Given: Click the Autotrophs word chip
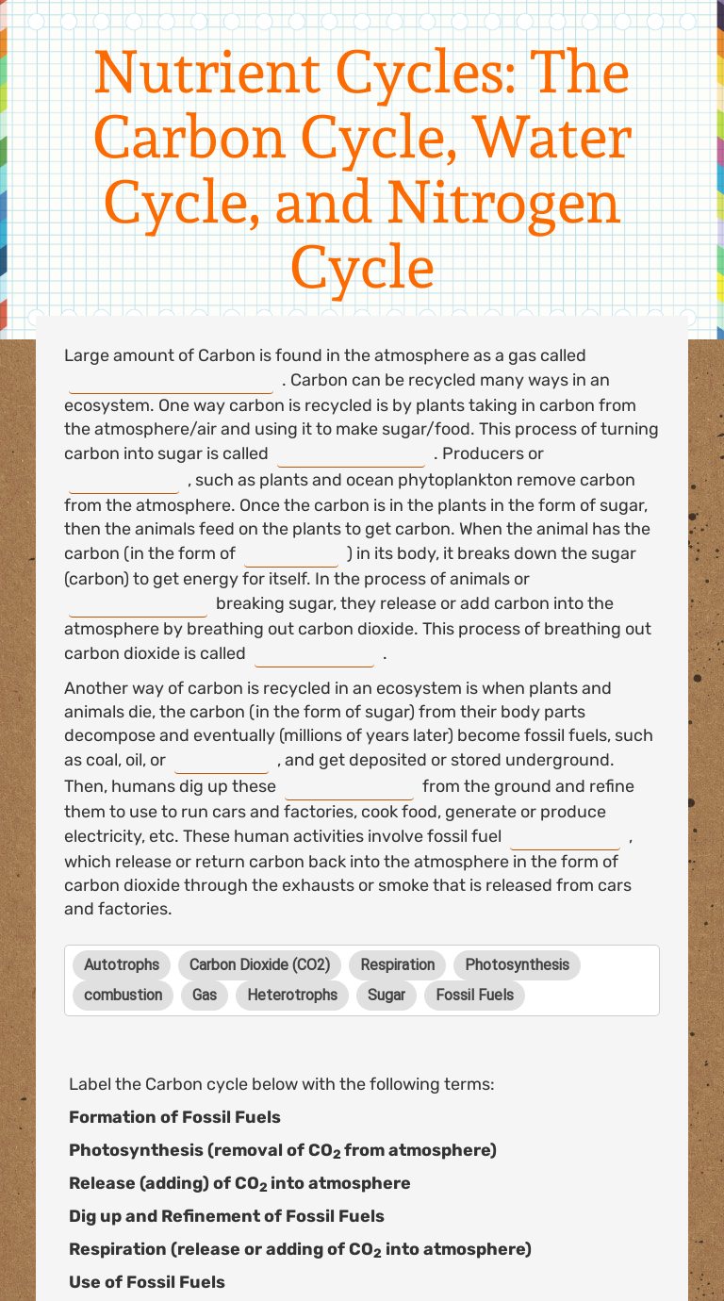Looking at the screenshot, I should point(122,964).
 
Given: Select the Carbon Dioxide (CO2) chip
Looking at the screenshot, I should point(259,964).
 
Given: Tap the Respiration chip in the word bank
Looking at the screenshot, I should point(397,964).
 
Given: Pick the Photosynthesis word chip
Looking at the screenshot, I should point(517,964).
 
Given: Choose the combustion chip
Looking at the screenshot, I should point(123,995).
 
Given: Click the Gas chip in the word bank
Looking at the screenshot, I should point(205,995).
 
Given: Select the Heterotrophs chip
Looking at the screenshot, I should point(292,995).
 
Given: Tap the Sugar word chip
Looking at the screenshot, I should point(386,995).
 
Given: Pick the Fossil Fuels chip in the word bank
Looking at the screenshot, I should point(475,995).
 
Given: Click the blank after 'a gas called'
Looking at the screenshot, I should point(171,382).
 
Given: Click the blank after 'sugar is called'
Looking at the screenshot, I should point(351,454).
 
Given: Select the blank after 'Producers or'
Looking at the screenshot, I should point(123,481).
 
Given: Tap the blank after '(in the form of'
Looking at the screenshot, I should point(291,554).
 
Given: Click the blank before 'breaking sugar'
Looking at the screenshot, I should point(138,604).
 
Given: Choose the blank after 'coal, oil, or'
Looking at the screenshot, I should point(222,761).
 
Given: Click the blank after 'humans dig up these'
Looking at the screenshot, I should point(349,787).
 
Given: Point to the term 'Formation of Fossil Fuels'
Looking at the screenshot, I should point(174,1117).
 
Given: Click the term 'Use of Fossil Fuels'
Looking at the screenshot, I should point(147,1282).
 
